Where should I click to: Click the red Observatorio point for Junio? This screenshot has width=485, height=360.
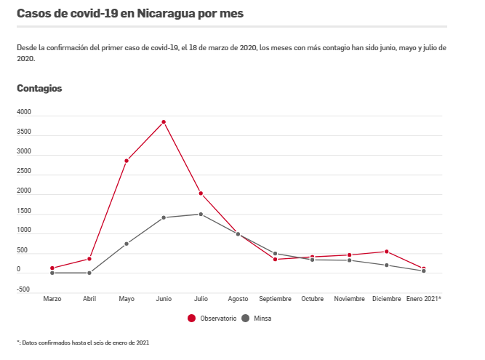[x=164, y=121]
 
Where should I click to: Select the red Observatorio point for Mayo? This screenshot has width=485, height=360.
[x=127, y=161]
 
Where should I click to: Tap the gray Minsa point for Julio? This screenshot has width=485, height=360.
[x=201, y=214]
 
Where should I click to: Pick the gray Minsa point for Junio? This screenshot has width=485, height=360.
[x=164, y=217]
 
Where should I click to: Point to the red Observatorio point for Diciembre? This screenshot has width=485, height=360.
[x=387, y=252]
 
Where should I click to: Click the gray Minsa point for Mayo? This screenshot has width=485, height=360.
[x=127, y=244]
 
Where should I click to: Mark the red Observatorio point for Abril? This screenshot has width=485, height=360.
[x=89, y=259]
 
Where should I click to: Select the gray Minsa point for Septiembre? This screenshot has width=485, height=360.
[x=275, y=253]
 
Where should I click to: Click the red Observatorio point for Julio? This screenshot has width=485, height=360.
[x=201, y=193]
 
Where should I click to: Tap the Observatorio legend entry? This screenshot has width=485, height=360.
[x=212, y=318]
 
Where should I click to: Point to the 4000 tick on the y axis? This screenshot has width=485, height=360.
[x=24, y=113]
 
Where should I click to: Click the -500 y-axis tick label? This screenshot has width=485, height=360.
[x=24, y=289]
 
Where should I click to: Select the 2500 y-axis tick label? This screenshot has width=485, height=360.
[x=24, y=172]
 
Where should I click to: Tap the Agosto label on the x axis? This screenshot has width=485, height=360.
[x=238, y=299]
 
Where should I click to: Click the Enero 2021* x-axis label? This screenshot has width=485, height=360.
[x=424, y=299]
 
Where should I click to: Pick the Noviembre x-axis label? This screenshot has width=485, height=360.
[x=350, y=299]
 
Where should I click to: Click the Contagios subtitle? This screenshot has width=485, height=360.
[x=39, y=88]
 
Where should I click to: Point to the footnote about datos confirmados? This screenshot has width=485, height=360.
[x=83, y=342]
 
